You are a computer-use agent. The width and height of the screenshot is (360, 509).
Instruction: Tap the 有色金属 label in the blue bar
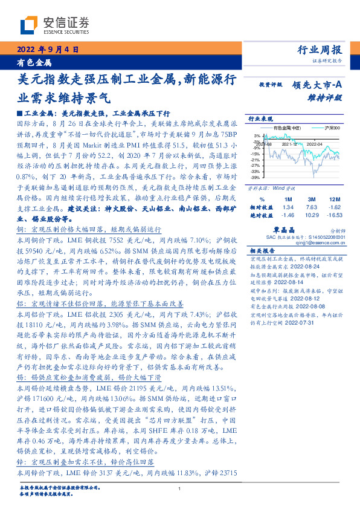tap(33, 62)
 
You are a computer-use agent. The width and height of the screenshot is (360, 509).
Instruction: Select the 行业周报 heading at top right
tap(321, 50)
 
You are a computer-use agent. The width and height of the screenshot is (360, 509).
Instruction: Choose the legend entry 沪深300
tap(332, 128)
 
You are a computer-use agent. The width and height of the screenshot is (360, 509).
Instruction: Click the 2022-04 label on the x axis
tap(314, 144)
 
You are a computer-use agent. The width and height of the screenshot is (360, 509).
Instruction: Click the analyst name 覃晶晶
tap(300, 229)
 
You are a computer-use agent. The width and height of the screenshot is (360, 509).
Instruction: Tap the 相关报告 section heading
tap(262, 251)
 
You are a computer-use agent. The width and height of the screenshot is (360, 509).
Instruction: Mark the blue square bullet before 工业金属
tap(19, 113)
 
